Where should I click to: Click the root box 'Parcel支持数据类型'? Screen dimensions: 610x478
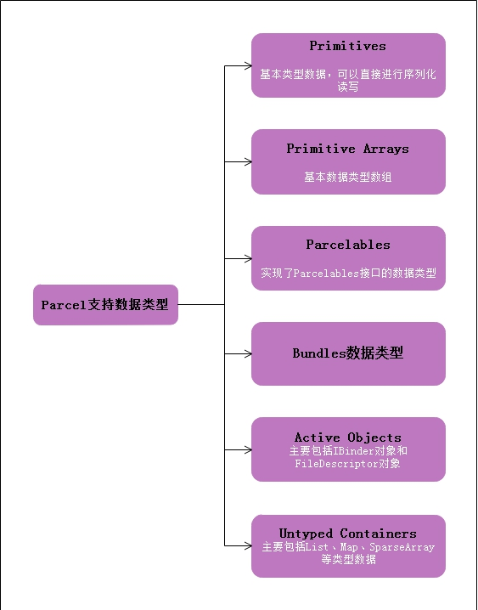(105, 305)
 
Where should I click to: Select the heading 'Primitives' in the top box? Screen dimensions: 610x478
(347, 46)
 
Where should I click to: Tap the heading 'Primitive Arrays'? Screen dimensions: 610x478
(347, 149)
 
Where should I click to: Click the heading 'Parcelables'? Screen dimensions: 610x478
(348, 245)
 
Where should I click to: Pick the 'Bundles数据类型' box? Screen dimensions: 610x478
(348, 353)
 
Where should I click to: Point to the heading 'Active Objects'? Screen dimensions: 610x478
(348, 438)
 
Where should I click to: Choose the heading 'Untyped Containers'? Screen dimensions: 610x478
(348, 534)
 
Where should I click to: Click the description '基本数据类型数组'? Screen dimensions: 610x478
(348, 178)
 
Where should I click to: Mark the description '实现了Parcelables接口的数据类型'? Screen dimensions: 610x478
(348, 274)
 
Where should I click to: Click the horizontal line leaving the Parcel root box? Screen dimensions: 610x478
(201, 304)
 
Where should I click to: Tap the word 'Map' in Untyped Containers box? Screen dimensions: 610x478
(349, 547)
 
